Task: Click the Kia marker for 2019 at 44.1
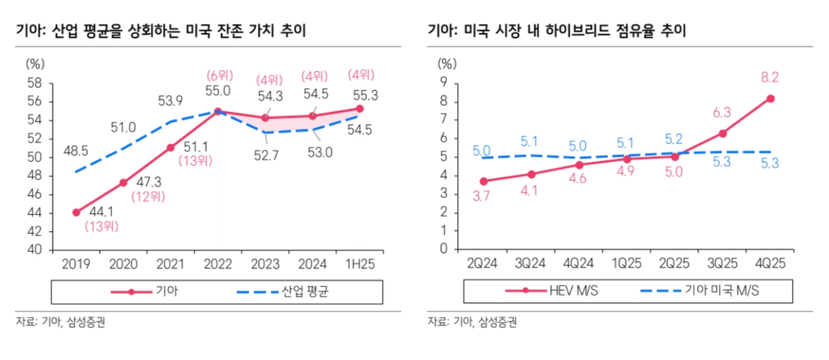[76, 212]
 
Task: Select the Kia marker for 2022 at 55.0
[218, 111]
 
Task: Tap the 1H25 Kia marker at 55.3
[359, 109]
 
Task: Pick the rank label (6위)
[219, 75]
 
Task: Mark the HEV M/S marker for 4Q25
[770, 98]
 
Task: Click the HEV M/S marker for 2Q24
[483, 181]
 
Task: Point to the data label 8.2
[769, 78]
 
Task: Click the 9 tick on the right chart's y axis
[444, 82]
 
